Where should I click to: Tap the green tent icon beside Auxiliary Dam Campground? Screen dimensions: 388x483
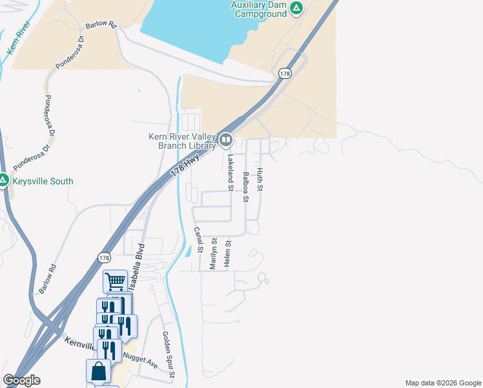point(296,8)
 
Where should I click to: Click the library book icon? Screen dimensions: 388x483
point(225,139)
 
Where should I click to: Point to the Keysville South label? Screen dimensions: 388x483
point(43,181)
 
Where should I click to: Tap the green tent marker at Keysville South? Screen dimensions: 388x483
point(4,180)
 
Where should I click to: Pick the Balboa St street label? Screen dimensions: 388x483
point(245,187)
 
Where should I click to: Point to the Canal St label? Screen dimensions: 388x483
point(200,240)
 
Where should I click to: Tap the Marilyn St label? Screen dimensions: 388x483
point(213,254)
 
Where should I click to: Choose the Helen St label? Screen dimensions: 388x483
point(227,252)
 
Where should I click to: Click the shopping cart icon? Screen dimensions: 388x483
point(115,281)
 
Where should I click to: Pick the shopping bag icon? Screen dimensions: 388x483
point(98,372)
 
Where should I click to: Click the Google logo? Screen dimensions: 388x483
point(21,380)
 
